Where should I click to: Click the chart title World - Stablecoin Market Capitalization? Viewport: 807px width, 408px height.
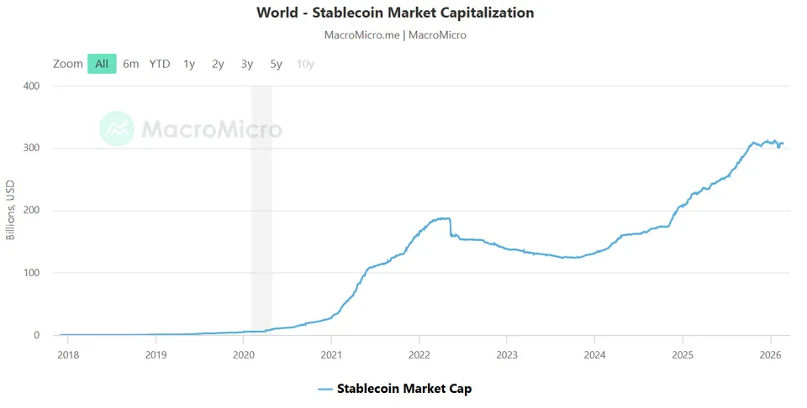[x=395, y=13]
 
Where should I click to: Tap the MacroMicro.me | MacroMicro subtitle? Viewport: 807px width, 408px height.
[x=395, y=35]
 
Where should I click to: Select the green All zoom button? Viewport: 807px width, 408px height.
[x=102, y=64]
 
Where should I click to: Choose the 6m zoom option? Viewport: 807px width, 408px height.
[x=131, y=64]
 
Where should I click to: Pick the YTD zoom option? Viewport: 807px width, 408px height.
[x=160, y=64]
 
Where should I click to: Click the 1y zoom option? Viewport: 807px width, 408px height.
[x=189, y=65]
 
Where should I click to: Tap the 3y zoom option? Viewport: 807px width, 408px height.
[x=247, y=65]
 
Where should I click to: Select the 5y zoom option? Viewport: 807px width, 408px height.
[x=277, y=65]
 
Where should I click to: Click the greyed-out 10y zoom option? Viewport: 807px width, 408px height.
[x=305, y=65]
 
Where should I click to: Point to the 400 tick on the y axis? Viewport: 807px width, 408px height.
[x=31, y=86]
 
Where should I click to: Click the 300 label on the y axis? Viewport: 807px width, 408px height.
[x=31, y=148]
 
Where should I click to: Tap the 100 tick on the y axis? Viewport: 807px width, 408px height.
[x=31, y=272]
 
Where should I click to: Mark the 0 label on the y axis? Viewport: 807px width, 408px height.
[x=36, y=335]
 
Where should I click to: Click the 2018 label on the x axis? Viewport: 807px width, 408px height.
[x=68, y=354]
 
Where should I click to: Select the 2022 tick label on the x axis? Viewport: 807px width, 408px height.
[x=419, y=354]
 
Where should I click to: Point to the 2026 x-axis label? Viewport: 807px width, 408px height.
[x=771, y=354]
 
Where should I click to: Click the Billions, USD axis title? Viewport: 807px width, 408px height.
[x=10, y=210]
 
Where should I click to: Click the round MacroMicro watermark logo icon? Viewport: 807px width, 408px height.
[x=117, y=128]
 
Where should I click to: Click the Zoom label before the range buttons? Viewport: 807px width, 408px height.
[x=68, y=64]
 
